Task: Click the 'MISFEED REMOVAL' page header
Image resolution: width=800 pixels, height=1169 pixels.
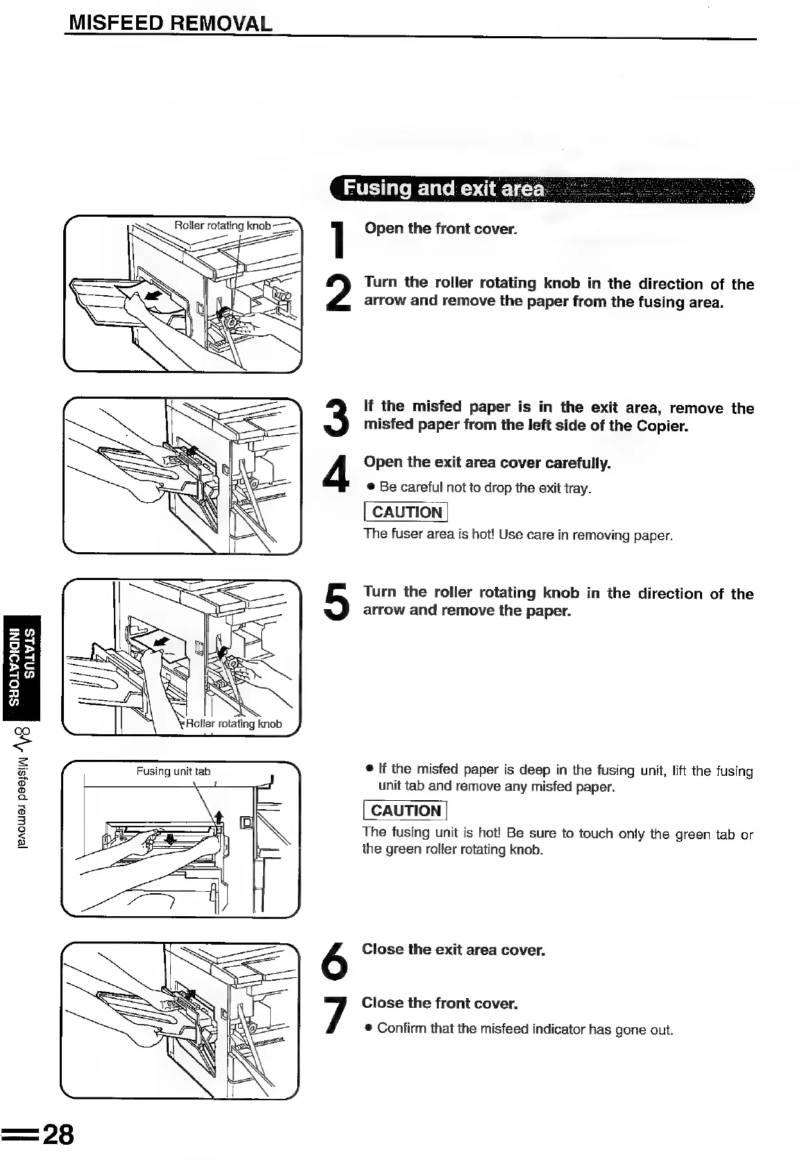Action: [169, 24]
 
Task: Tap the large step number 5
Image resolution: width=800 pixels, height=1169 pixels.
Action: [337, 602]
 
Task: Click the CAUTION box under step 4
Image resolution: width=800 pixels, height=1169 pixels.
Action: [406, 513]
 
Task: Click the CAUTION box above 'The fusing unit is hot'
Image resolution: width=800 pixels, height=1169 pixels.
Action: [406, 811]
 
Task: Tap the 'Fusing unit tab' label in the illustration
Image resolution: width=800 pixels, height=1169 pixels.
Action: [173, 771]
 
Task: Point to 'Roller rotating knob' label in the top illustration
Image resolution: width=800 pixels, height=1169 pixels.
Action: [222, 226]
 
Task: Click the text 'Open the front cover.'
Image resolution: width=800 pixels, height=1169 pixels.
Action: [440, 229]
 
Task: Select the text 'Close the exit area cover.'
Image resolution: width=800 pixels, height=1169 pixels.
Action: [453, 950]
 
